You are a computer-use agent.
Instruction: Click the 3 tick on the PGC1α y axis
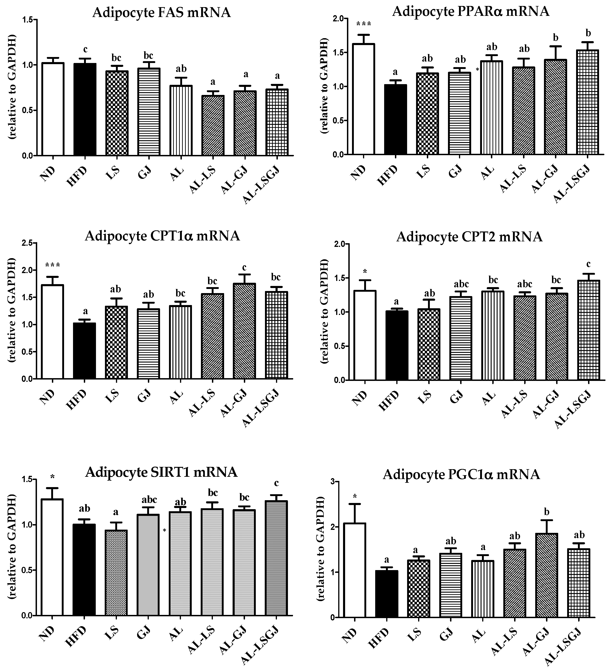click(332, 482)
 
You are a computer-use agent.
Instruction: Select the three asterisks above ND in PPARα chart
click(364, 24)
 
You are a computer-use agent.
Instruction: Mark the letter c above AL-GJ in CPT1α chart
click(244, 268)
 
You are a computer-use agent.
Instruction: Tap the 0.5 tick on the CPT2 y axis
click(340, 346)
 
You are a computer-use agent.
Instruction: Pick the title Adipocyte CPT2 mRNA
click(469, 237)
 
